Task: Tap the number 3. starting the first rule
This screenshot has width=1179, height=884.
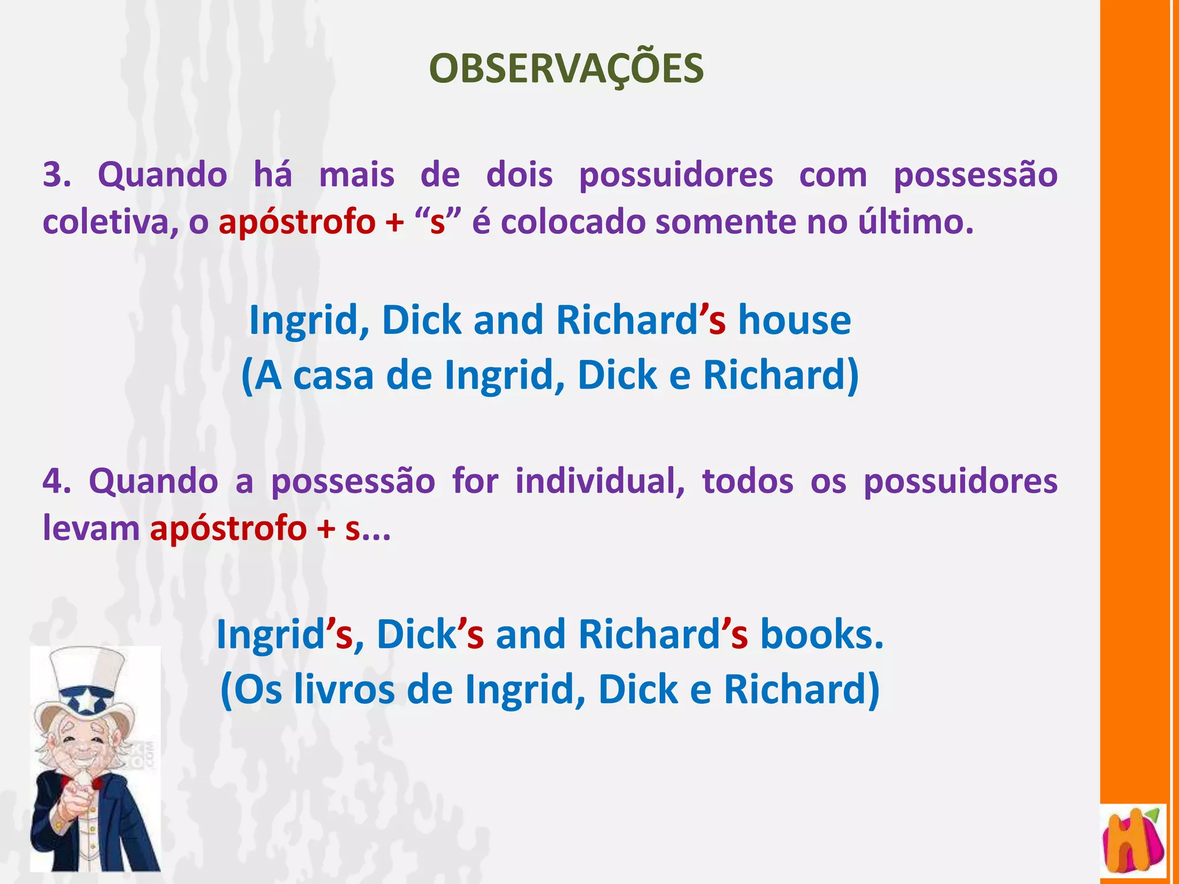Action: (57, 174)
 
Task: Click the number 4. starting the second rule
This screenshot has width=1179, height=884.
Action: (57, 481)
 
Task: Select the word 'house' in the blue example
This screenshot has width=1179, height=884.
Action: (794, 320)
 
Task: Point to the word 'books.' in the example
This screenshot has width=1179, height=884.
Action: (822, 634)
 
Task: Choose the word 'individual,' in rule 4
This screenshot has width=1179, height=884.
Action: (599, 481)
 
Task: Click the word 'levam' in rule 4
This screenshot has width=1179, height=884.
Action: (91, 528)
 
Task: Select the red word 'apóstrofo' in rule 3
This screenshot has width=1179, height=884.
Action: (297, 222)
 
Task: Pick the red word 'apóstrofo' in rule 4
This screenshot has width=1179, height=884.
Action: (228, 528)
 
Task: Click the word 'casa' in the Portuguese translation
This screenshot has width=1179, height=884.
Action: (333, 375)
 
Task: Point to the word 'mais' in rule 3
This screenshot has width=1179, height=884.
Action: (357, 174)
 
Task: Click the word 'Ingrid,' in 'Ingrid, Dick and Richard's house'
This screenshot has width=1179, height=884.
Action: (309, 320)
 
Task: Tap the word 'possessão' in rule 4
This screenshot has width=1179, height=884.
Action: (353, 481)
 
